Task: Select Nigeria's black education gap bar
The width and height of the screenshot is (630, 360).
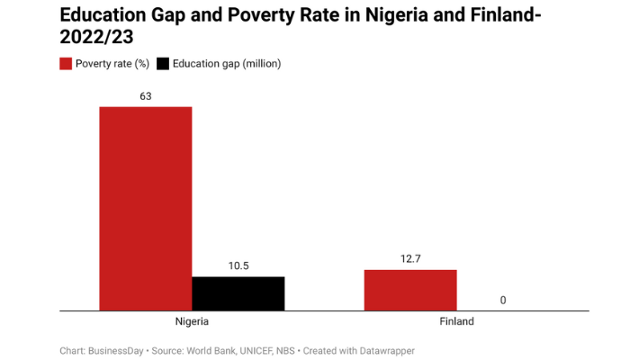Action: click(x=238, y=293)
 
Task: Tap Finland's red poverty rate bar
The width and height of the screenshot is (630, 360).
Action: click(x=410, y=290)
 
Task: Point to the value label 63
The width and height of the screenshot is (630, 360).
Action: click(x=145, y=95)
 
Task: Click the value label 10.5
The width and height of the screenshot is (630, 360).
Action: click(x=238, y=265)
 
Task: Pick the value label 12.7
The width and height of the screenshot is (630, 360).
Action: click(x=410, y=259)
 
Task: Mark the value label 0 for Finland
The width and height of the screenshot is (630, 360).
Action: click(x=502, y=300)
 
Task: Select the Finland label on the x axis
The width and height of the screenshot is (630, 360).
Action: click(x=456, y=321)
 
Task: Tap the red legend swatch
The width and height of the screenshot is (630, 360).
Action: click(x=66, y=64)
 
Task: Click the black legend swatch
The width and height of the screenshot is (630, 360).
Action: click(x=162, y=64)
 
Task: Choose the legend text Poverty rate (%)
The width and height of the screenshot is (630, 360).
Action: click(x=112, y=64)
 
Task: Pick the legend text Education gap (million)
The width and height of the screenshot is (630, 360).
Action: click(x=228, y=64)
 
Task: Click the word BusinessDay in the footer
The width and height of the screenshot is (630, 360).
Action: click(x=116, y=350)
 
